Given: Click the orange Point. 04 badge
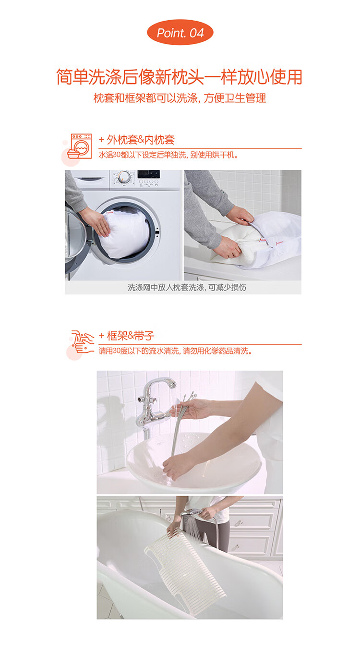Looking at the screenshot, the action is pos(180,33).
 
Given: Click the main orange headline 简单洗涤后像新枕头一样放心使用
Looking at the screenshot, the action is pos(179,77).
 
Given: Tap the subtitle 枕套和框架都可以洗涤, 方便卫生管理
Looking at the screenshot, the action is pos(180,98).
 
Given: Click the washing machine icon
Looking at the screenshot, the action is pos(80,146).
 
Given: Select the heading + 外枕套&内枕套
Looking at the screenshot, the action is pos(136,140).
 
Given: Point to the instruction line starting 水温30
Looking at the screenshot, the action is pos(168,155).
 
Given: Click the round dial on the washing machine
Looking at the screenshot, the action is pos(124,177).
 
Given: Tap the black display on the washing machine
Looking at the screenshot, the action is pos(149,174).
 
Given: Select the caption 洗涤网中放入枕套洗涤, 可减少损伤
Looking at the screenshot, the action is pos(187,288).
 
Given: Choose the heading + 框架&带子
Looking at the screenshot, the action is pos(126,336).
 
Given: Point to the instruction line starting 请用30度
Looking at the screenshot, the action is pos(175,351).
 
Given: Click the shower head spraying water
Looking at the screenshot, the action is pos(192,512).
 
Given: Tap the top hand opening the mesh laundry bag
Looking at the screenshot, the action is pos(240,216).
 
